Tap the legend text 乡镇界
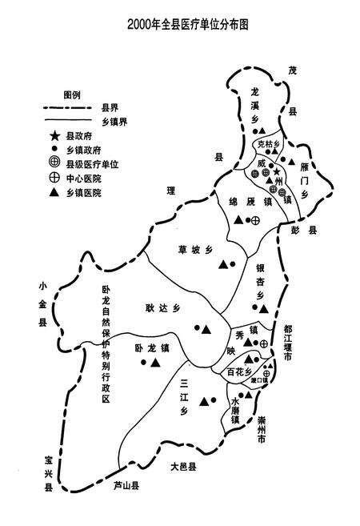pyautogui.click(x=116, y=121)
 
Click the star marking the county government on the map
pyautogui.click(x=277, y=171)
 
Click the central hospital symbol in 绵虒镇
pyautogui.click(x=256, y=220)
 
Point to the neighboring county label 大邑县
pyautogui.click(x=182, y=464)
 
